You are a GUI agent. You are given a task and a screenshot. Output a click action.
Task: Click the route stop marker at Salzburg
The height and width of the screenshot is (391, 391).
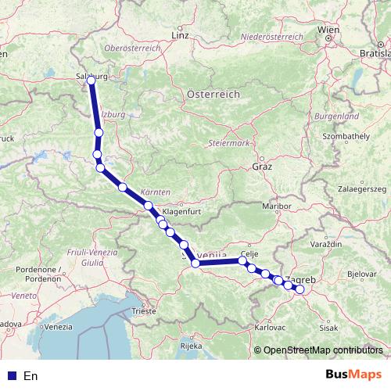click(91, 80)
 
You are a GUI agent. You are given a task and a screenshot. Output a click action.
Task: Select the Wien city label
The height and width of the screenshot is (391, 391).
click(328, 30)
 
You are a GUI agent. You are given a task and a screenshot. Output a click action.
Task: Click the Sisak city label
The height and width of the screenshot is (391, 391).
click(328, 328)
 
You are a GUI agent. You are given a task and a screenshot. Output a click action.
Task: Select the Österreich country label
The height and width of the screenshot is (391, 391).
click(213, 93)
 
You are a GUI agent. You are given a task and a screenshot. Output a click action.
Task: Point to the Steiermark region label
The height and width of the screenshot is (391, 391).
click(228, 144)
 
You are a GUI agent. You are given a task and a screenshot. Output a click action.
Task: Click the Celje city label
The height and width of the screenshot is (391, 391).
click(250, 254)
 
